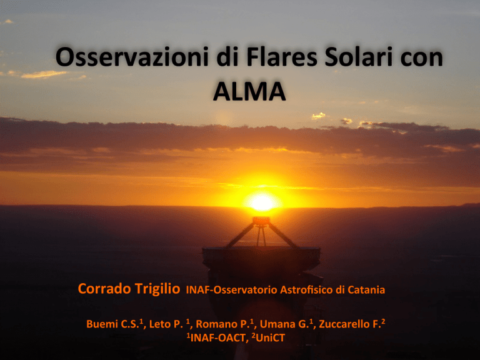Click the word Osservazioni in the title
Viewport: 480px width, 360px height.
point(132,57)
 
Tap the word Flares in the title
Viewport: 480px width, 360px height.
point(282,57)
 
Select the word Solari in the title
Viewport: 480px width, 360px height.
point(359,57)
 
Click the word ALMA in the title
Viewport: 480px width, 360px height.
point(249,91)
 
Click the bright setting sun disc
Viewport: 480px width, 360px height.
point(262,202)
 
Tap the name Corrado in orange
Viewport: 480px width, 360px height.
point(104,289)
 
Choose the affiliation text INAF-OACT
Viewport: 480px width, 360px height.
point(219,338)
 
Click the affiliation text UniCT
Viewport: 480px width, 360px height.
point(270,338)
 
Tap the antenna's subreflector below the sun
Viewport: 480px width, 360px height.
point(261,221)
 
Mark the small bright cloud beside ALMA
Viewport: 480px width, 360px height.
point(318,116)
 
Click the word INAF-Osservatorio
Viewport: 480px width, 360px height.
point(231,290)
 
